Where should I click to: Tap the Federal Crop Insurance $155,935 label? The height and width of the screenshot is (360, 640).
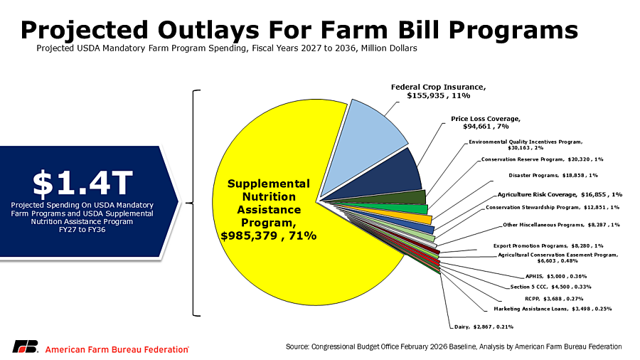pyautogui.click(x=439, y=91)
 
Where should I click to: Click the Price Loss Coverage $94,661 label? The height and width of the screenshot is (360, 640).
pyautogui.click(x=486, y=122)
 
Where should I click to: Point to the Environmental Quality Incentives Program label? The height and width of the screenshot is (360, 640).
pyautogui.click(x=526, y=145)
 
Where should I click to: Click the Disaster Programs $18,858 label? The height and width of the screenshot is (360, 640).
pyautogui.click(x=553, y=175)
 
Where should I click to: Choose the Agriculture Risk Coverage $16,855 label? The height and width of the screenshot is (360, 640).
pyautogui.click(x=560, y=194)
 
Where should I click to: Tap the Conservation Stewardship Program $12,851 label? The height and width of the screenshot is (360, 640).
pyautogui.click(x=553, y=208)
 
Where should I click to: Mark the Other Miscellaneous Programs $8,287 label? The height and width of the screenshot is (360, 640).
pyautogui.click(x=561, y=225)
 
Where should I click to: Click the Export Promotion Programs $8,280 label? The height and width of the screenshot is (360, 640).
pyautogui.click(x=548, y=245)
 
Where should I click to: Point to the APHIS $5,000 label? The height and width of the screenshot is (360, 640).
pyautogui.click(x=551, y=276)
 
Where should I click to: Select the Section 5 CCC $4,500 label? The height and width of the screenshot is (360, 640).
pyautogui.click(x=551, y=287)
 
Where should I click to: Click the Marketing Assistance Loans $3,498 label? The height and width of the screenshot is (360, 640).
pyautogui.click(x=553, y=309)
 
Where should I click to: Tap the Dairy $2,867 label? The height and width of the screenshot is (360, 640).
pyautogui.click(x=484, y=327)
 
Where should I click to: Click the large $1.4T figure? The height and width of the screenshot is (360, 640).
pyautogui.click(x=83, y=182)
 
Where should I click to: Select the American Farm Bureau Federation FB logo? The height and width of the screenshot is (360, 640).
pyautogui.click(x=25, y=347)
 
